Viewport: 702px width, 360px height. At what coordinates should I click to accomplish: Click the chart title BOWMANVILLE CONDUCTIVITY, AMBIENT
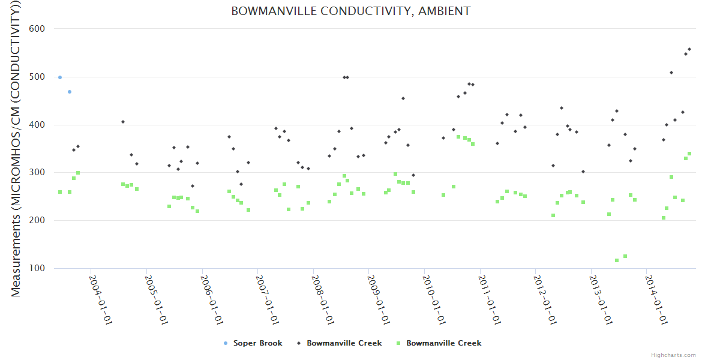[x=351, y=11]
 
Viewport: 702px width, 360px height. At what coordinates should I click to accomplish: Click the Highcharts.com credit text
[x=674, y=355]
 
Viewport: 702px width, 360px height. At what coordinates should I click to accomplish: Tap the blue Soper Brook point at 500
[x=60, y=77]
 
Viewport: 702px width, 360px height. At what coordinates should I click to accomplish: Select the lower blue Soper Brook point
[x=70, y=92]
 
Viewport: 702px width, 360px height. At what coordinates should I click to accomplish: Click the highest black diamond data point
[x=689, y=49]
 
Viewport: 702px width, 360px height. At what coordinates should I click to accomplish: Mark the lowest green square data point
[x=617, y=260]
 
